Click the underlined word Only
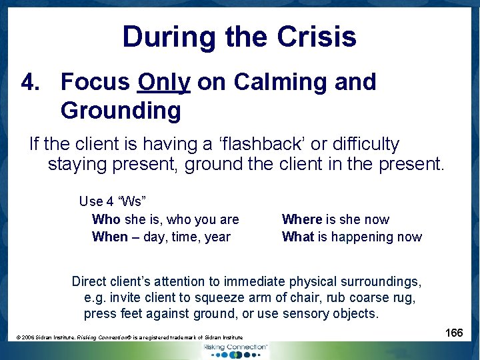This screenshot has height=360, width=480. pyautogui.click(x=164, y=82)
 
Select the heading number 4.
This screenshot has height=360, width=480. pyautogui.click(x=31, y=82)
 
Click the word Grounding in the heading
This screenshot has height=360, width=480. pyautogui.click(x=121, y=111)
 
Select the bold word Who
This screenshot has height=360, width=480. pyautogui.click(x=106, y=219)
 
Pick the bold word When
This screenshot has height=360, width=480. pyautogui.click(x=109, y=237)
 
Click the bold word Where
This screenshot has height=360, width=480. pyautogui.click(x=302, y=219)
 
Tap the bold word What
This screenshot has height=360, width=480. pyautogui.click(x=297, y=237)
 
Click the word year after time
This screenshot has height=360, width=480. pyautogui.click(x=217, y=237)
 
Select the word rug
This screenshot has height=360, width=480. pyautogui.click(x=404, y=297)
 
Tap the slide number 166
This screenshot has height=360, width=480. pyautogui.click(x=454, y=333)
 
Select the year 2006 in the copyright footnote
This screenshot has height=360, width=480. pyautogui.click(x=30, y=338)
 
